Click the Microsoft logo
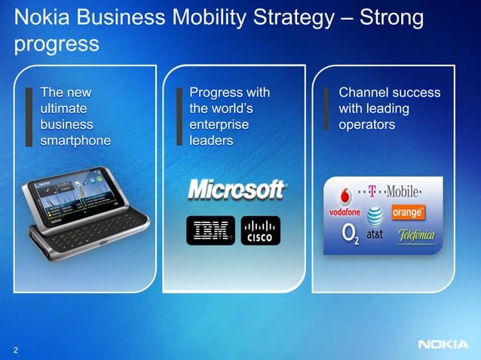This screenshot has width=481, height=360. (236, 190)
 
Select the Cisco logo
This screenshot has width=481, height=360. (261, 230)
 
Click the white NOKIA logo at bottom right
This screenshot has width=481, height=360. (442, 346)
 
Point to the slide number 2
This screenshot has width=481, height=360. (15, 349)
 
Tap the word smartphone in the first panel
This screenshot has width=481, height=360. (75, 140)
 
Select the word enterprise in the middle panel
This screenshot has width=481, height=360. (219, 124)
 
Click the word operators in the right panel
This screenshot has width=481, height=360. (366, 124)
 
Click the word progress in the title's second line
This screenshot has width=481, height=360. (57, 44)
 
